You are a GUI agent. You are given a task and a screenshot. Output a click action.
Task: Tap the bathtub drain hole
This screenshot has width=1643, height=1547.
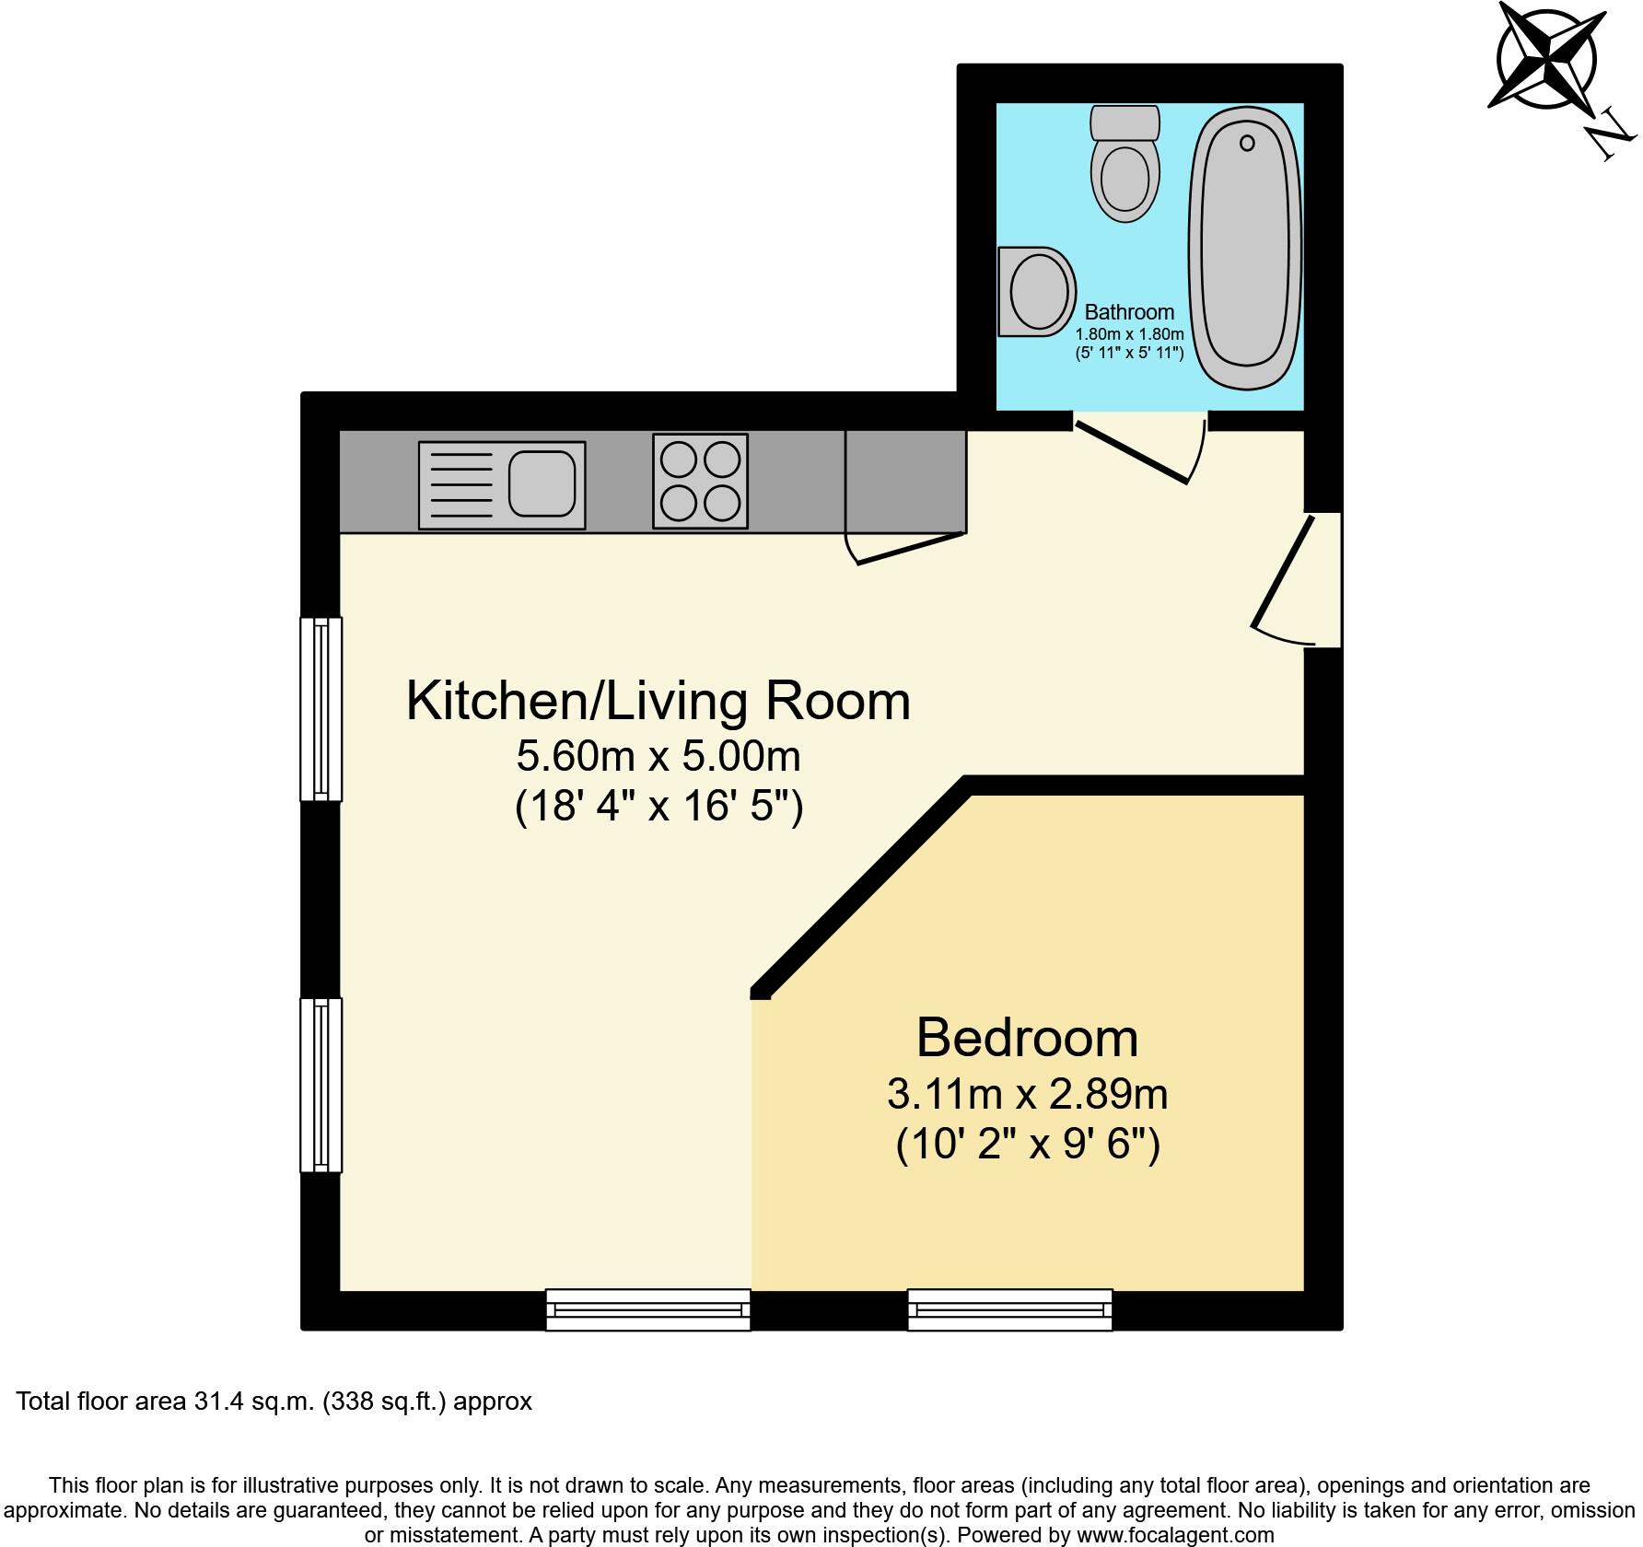[1247, 143]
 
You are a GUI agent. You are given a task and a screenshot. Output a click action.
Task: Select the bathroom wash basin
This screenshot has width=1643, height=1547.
[1039, 290]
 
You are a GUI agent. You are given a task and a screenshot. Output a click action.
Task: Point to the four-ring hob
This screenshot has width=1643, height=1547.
[700, 481]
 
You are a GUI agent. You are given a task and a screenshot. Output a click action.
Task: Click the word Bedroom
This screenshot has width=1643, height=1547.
[1027, 1038]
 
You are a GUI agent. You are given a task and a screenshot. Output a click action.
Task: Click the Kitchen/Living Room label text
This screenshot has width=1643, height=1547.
[658, 701]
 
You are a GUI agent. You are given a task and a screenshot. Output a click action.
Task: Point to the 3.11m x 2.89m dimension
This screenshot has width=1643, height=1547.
[1027, 1095]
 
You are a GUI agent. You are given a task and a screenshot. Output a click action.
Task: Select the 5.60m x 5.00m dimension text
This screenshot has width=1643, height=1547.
[658, 757]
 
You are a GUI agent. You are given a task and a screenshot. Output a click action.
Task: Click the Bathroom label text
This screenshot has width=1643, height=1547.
[1129, 312]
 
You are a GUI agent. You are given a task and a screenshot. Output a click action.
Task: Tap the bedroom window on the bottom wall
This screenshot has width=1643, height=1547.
[1010, 1309]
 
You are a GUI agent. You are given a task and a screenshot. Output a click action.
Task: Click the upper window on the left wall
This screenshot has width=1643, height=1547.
[320, 708]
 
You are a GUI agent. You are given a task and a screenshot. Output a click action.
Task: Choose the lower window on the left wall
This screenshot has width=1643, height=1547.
[320, 1086]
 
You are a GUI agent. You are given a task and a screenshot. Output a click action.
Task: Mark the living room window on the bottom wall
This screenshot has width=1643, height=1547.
[647, 1309]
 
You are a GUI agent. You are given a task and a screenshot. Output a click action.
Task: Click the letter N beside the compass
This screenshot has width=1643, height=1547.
[1610, 134]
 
